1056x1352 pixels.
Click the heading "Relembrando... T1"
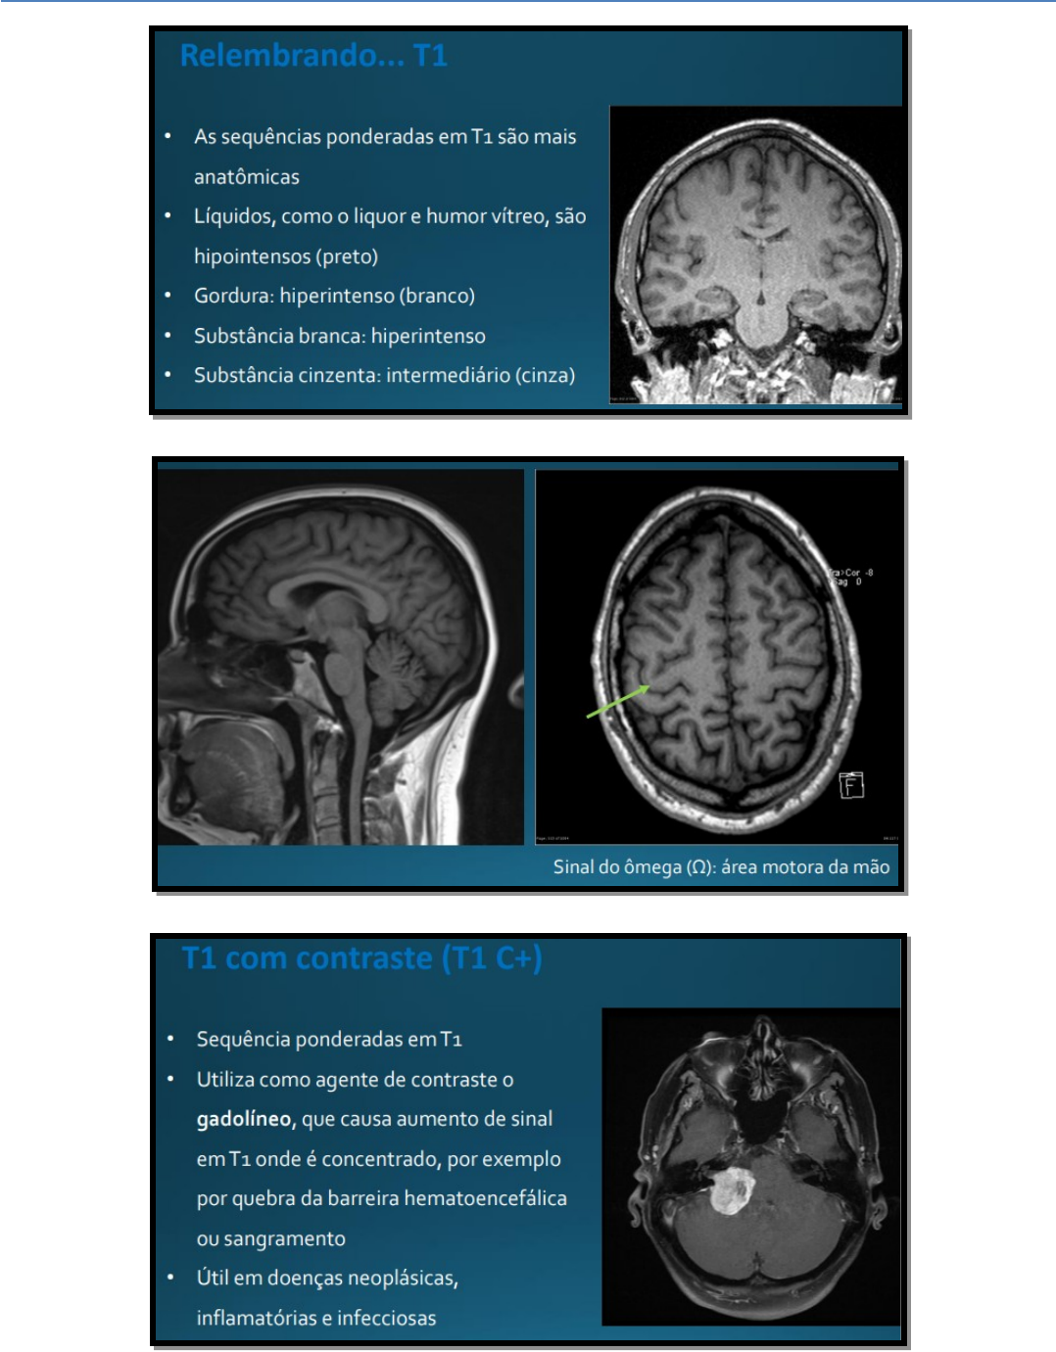coord(313,56)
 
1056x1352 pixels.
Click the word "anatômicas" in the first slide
coord(246,177)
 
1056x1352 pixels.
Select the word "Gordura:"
coord(233,296)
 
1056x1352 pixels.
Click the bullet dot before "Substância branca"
coord(168,336)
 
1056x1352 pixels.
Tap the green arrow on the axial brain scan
coord(617,701)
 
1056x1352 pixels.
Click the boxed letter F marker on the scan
coord(851,785)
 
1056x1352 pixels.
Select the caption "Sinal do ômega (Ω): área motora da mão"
coord(721,866)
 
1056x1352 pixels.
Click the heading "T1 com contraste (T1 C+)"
coord(361,957)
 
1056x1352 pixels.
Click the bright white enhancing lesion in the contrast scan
coord(730,1190)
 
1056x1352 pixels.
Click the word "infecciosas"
coord(386,1318)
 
